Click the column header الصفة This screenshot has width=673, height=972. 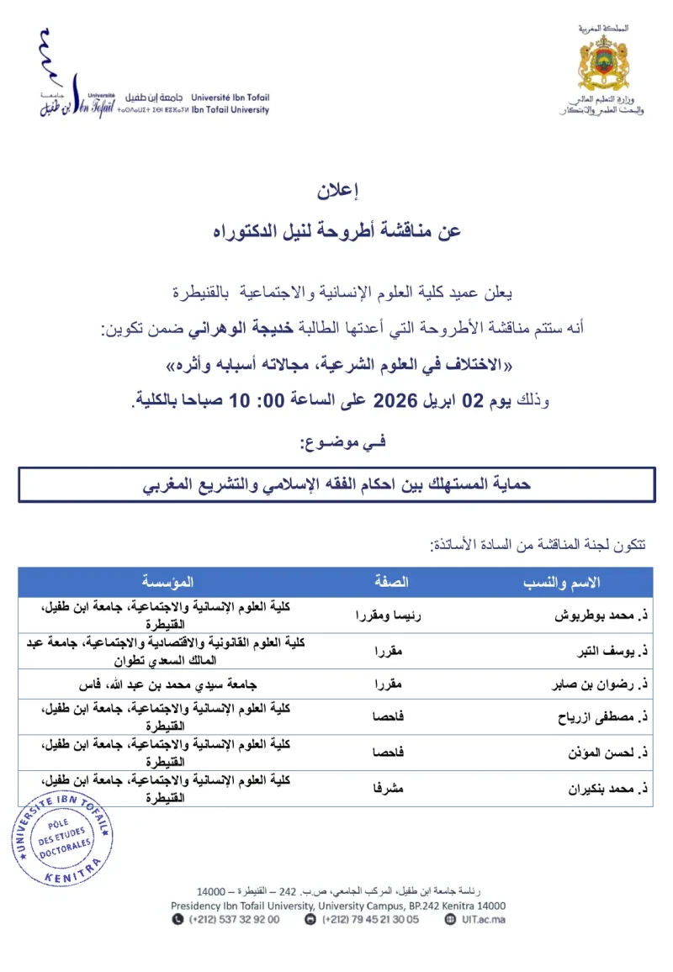pyautogui.click(x=391, y=582)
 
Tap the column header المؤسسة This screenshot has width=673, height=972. pyautogui.click(x=167, y=582)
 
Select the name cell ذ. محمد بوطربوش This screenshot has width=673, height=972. pyautogui.click(x=598, y=615)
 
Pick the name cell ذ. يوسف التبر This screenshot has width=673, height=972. pyautogui.click(x=607, y=649)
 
